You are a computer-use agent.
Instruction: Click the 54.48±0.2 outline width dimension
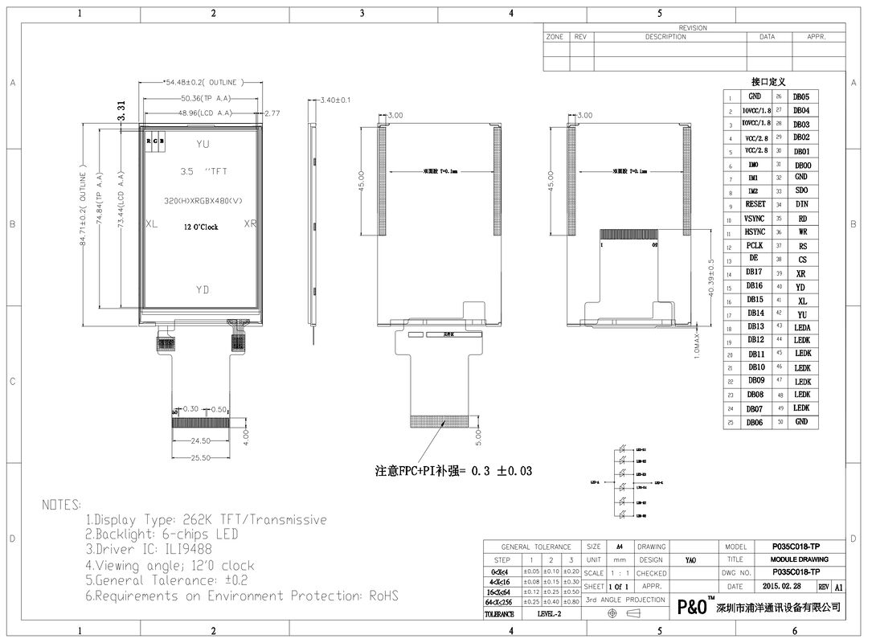click(201, 82)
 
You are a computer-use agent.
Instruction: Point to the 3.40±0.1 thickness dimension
click(335, 100)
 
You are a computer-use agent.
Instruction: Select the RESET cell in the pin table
click(755, 205)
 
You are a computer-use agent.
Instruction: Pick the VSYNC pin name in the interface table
click(755, 219)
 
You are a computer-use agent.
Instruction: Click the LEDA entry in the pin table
click(801, 328)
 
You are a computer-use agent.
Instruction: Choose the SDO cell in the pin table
click(801, 191)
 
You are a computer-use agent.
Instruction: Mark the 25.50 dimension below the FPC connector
click(200, 457)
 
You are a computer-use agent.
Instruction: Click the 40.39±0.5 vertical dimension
click(710, 278)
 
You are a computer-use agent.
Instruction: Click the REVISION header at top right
click(692, 27)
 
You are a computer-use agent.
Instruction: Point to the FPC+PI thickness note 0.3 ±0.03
click(454, 471)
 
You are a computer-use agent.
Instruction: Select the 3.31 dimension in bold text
click(121, 111)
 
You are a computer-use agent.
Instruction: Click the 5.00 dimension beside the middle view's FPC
click(479, 436)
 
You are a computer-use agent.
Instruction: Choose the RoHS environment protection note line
click(241, 596)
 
